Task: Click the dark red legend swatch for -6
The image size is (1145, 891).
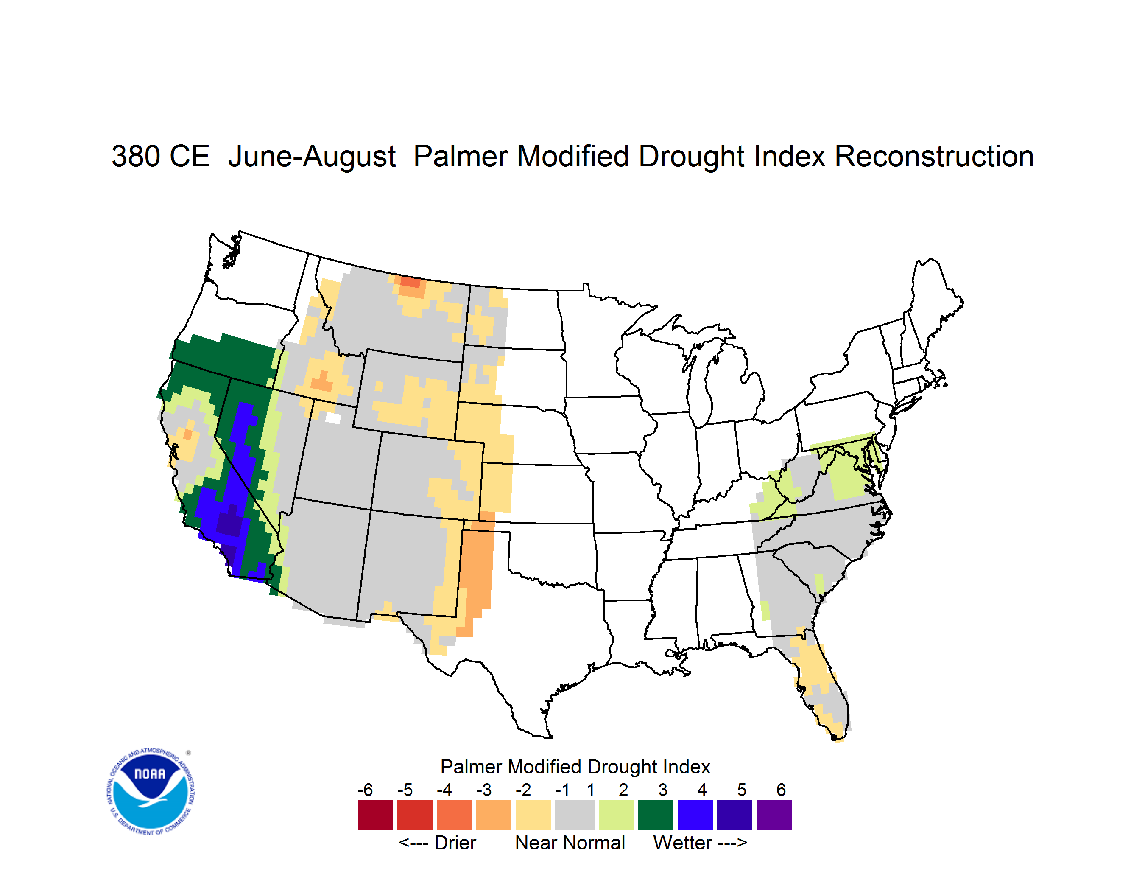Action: (375, 815)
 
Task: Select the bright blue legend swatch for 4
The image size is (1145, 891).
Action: (695, 815)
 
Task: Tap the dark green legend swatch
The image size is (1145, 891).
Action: (655, 815)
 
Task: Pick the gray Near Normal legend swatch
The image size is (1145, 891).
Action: (575, 815)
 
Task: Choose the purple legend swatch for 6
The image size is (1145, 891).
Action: (774, 815)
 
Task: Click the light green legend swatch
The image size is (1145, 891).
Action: (616, 815)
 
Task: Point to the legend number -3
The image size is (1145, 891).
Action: (483, 790)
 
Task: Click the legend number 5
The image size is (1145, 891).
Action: (741, 790)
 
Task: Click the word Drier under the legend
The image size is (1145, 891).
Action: (455, 843)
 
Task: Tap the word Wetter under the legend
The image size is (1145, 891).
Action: (683, 843)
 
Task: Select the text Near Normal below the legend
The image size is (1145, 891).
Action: (570, 843)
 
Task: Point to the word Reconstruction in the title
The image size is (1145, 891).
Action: (934, 156)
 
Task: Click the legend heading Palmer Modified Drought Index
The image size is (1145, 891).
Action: (575, 767)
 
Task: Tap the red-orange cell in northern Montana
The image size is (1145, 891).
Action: (411, 282)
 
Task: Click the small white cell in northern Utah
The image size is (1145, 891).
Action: (333, 418)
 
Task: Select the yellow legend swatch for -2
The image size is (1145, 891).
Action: (533, 815)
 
